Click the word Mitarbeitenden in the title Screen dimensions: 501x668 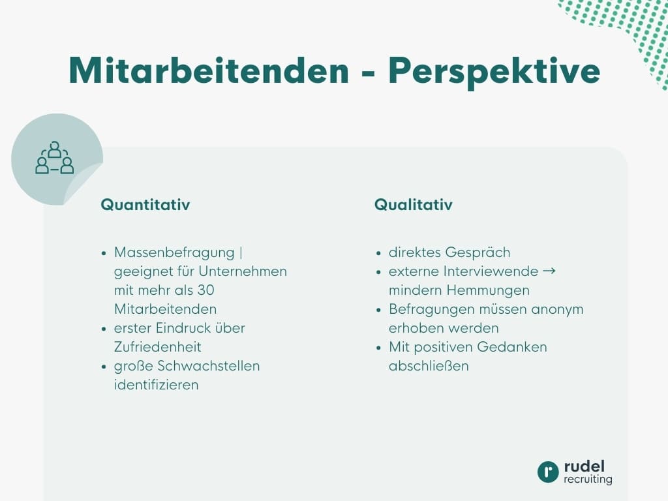click(209, 70)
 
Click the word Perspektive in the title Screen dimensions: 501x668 click(494, 70)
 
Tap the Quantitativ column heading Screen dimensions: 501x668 click(145, 205)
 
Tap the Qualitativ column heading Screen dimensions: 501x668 click(413, 205)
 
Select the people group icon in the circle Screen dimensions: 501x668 click(54, 159)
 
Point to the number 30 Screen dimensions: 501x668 click(205, 290)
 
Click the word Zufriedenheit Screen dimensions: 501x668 click(157, 346)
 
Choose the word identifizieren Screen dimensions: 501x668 click(156, 384)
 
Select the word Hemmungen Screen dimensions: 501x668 click(489, 290)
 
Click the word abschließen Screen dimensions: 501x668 click(429, 365)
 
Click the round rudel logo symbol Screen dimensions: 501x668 click(548, 472)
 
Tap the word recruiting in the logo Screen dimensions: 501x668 click(588, 479)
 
